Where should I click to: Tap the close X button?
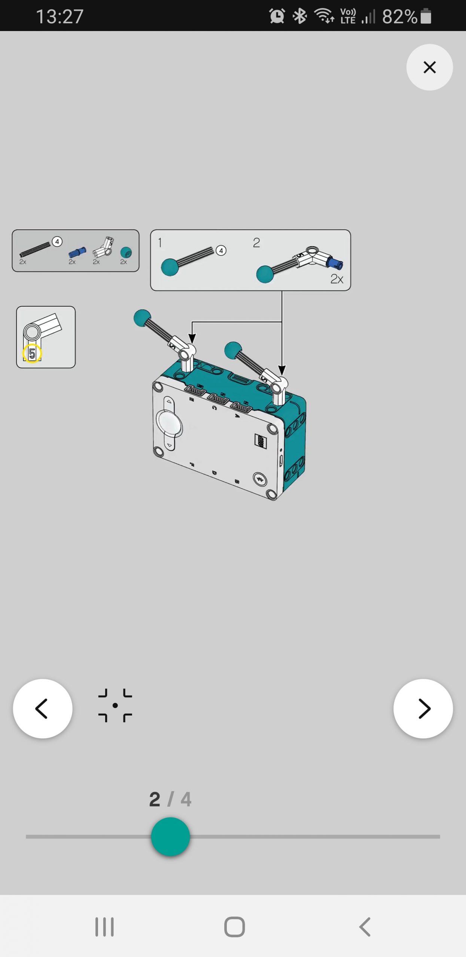coord(429,67)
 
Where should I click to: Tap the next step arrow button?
coord(423,708)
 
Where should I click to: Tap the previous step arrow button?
coord(43,708)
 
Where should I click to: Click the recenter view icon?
coord(115,705)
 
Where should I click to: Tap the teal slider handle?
coord(170,837)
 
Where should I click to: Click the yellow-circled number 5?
coord(32,353)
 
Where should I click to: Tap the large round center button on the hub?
coord(169,424)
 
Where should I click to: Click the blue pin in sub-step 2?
coord(334,262)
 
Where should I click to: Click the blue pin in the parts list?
coord(77,252)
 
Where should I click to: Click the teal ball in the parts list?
coord(126,252)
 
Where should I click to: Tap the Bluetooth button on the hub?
coord(259,479)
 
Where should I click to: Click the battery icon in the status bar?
coord(426,16)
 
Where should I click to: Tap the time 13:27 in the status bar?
coord(60,17)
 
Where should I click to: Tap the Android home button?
coord(235,927)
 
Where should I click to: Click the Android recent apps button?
coord(104,927)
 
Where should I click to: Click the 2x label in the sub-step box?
coord(337,279)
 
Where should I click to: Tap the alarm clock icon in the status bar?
coord(277,16)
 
